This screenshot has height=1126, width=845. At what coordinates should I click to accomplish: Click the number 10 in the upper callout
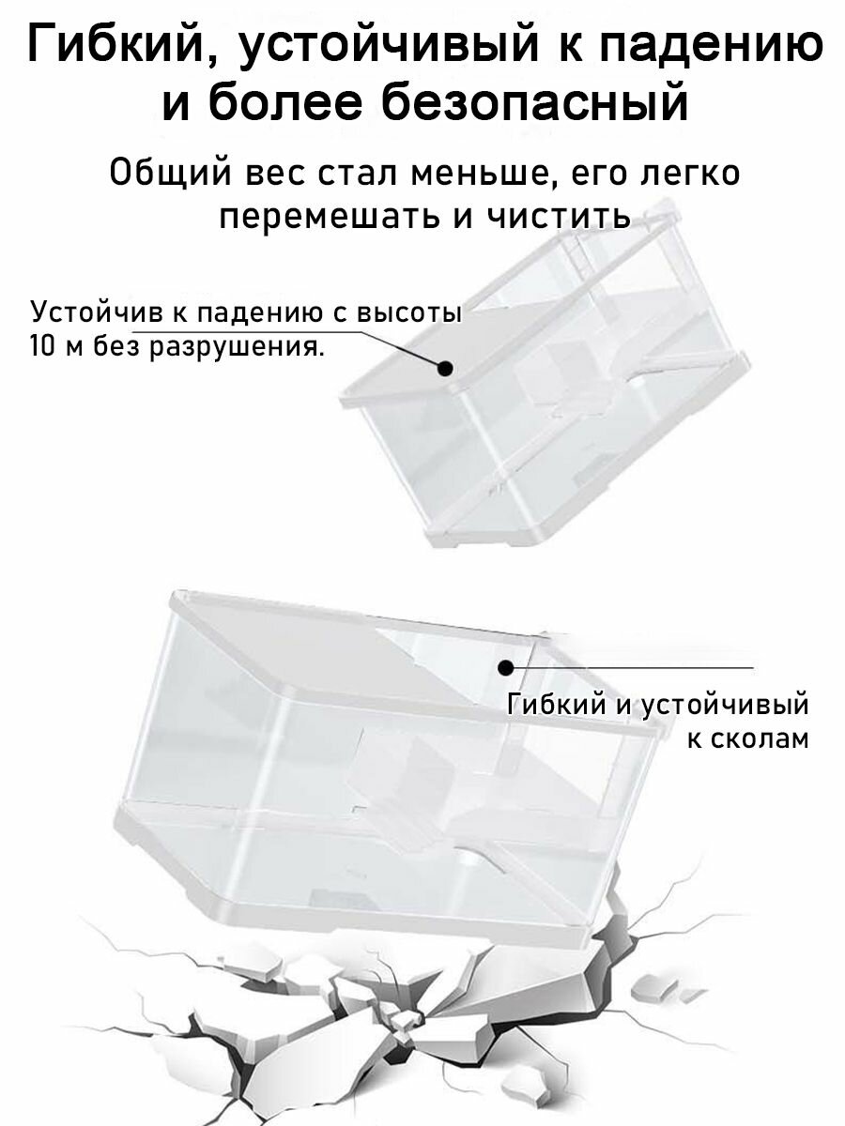point(43,348)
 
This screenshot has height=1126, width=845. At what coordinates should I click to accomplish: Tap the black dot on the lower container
point(506,668)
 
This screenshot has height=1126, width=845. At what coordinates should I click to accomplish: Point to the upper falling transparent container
point(545,394)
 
